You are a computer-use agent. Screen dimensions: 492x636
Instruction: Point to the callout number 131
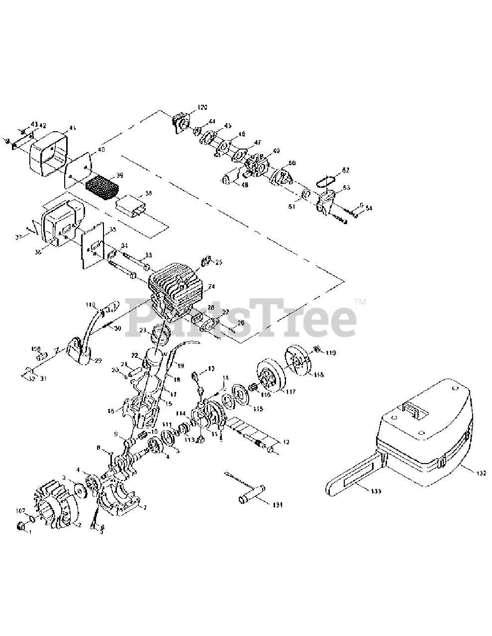(x=277, y=505)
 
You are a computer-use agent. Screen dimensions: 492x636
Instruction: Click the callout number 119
(x=331, y=353)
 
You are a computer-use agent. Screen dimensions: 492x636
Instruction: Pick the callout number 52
(x=345, y=170)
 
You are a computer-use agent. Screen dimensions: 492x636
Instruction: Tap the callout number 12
(x=285, y=442)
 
